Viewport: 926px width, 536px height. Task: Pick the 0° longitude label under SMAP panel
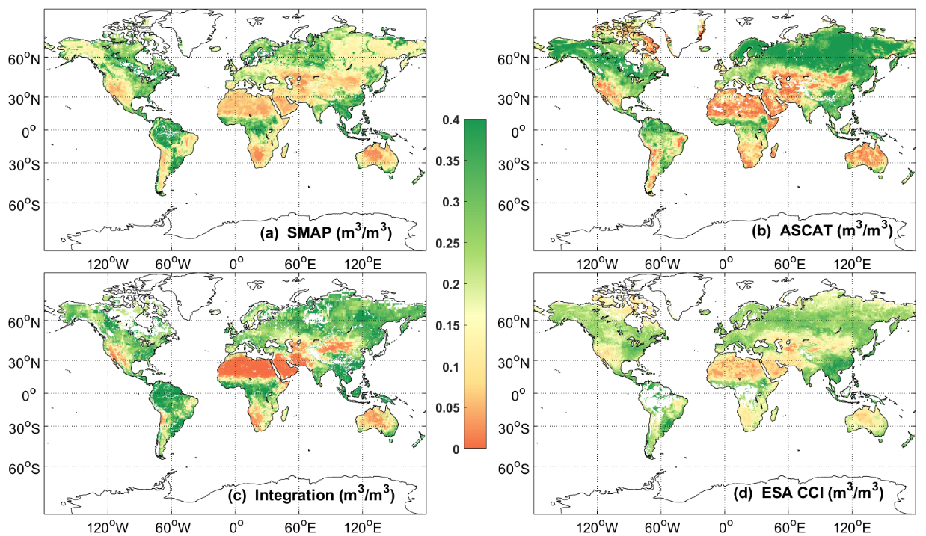236,264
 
